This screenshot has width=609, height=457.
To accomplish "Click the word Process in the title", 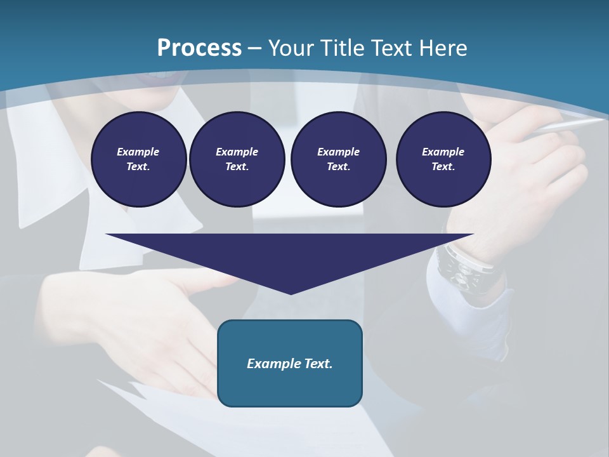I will coord(199,48).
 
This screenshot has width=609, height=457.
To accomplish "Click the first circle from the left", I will coord(138,159).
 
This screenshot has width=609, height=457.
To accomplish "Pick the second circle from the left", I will coord(237,159).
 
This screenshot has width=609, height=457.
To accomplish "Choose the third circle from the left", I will coord(338,159).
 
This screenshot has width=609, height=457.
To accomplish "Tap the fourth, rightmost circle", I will coord(443,159).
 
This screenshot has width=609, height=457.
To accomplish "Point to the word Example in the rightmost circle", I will coord(443,152).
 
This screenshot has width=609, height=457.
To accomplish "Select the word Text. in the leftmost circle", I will coord(138,167).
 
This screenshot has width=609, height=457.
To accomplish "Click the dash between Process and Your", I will coord(255,48).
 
